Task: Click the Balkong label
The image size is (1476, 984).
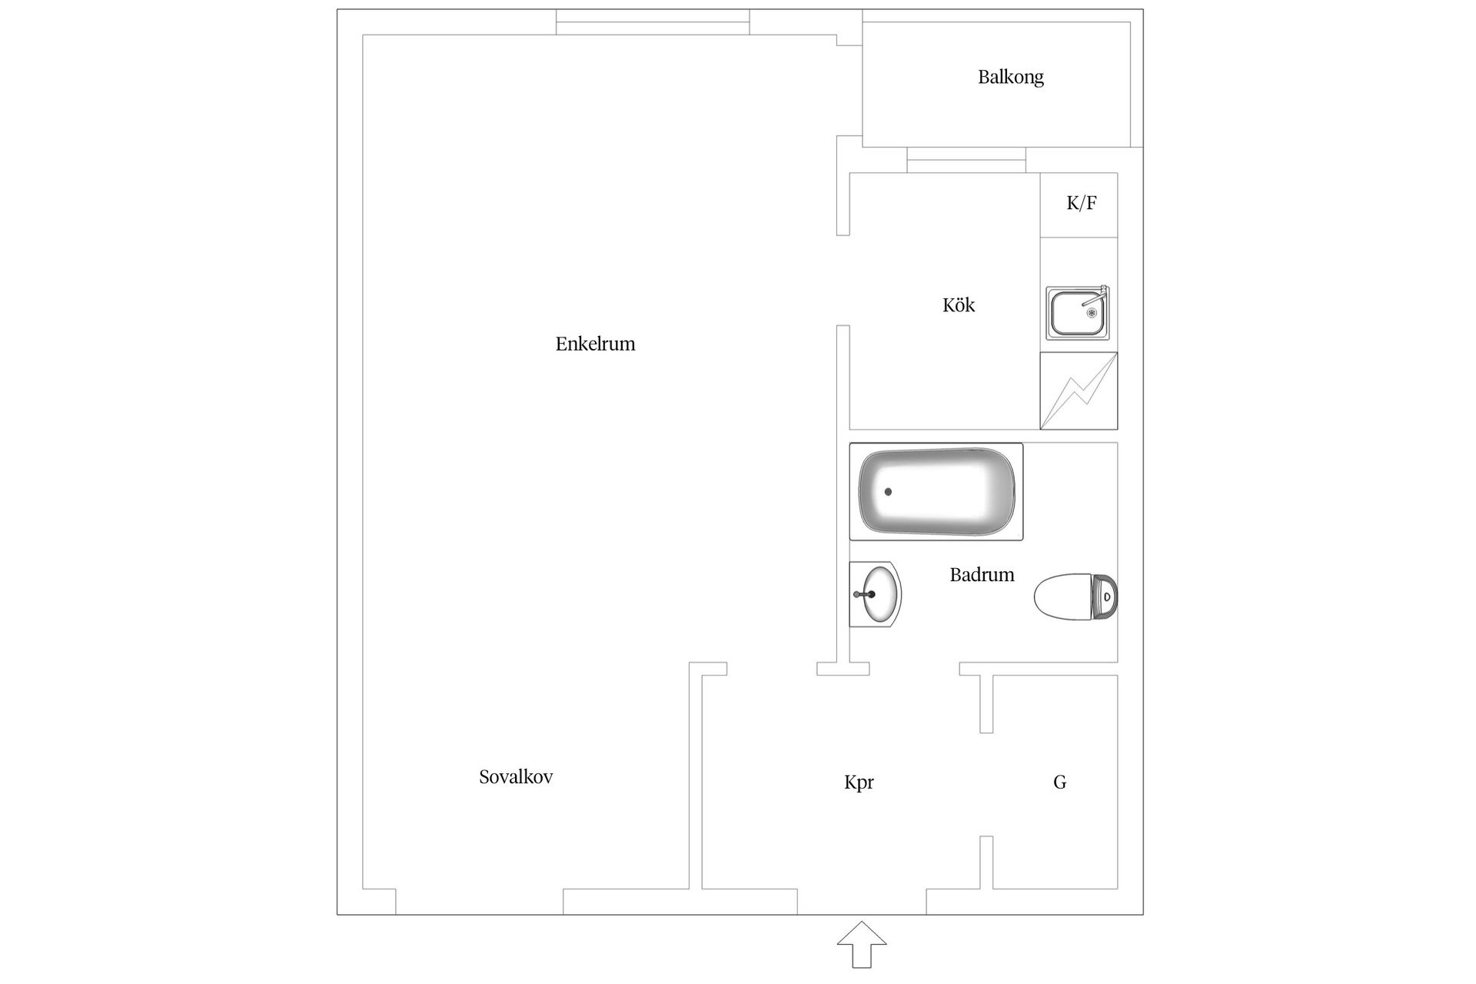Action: coord(1010,77)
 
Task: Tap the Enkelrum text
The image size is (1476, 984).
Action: coord(595,344)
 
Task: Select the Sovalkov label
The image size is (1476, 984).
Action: coord(516,776)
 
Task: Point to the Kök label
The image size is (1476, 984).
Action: coord(958,305)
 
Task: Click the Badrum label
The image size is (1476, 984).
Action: coord(982,574)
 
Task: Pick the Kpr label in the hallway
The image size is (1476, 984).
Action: coord(859,782)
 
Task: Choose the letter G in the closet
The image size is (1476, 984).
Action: coord(1059,782)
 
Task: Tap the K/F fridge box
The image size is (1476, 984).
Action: coord(1079,204)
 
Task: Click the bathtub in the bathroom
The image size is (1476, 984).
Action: coord(936,491)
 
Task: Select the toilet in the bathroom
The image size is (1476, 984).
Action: coord(1075,596)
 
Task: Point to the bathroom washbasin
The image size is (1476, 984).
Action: coord(876,593)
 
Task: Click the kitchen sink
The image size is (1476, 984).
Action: coord(1077,313)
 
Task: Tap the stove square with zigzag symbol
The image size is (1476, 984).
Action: coord(1079,391)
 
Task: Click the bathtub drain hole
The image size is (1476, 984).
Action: coord(889,491)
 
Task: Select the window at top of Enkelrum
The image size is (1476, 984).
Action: coord(653,22)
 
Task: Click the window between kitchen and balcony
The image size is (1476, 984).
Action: coord(966,160)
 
